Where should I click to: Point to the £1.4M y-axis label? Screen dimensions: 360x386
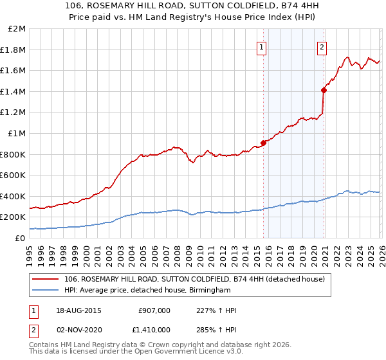[14, 91]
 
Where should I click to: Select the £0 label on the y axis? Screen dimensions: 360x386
[21, 238]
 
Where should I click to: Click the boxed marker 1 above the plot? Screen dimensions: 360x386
[262, 46]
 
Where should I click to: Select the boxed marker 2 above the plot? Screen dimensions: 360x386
[321, 46]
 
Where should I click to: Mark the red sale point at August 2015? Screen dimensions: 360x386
[263, 143]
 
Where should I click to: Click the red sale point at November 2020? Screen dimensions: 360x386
[323, 90]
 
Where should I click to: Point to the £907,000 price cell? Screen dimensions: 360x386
[154, 310]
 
